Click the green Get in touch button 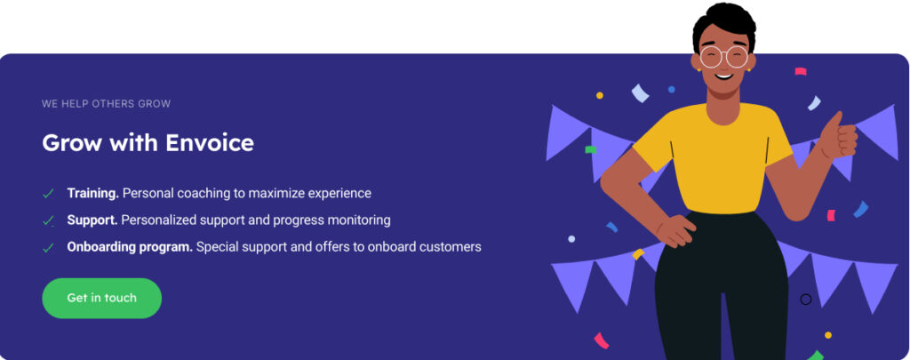coord(101,298)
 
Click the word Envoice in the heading coord(210,143)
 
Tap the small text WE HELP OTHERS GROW coord(107,104)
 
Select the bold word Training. coord(92,194)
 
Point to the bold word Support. coord(92,220)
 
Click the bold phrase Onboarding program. coord(130,247)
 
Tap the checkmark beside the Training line coord(48,194)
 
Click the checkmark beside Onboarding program coord(48,248)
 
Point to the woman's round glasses coord(723,57)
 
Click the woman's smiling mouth coord(723,75)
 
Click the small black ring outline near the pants coord(805,299)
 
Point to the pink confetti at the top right coord(801,71)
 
